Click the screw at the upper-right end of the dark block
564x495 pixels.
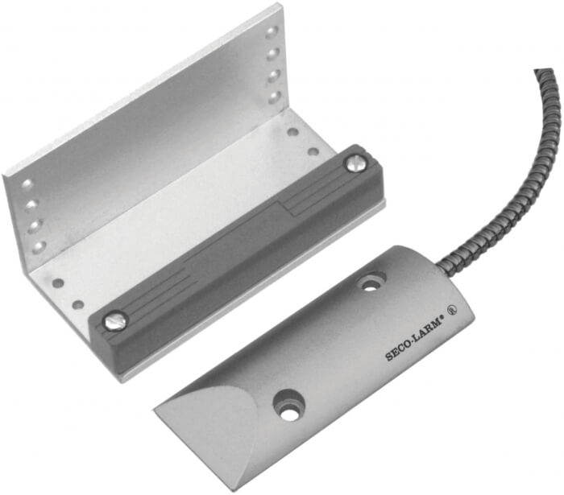[356, 164]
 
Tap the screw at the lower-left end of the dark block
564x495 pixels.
[114, 320]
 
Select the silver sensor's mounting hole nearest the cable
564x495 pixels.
[370, 283]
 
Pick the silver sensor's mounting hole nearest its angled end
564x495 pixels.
[288, 412]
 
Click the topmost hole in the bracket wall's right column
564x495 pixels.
[272, 33]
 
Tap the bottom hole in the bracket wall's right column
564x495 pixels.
[276, 97]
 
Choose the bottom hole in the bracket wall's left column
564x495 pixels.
[39, 247]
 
